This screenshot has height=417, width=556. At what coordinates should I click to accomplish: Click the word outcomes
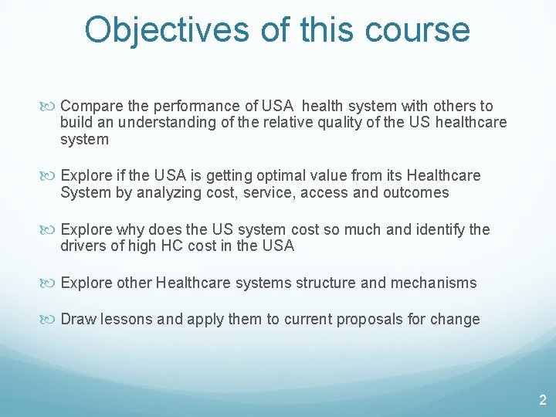415,193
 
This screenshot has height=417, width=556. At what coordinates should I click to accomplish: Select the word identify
439,229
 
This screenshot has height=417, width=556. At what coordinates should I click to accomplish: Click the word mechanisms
432,283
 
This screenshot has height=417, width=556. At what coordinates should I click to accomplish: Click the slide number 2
542,400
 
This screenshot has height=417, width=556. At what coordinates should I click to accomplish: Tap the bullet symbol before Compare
52,107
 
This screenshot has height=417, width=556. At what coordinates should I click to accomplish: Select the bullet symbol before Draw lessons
52,320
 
